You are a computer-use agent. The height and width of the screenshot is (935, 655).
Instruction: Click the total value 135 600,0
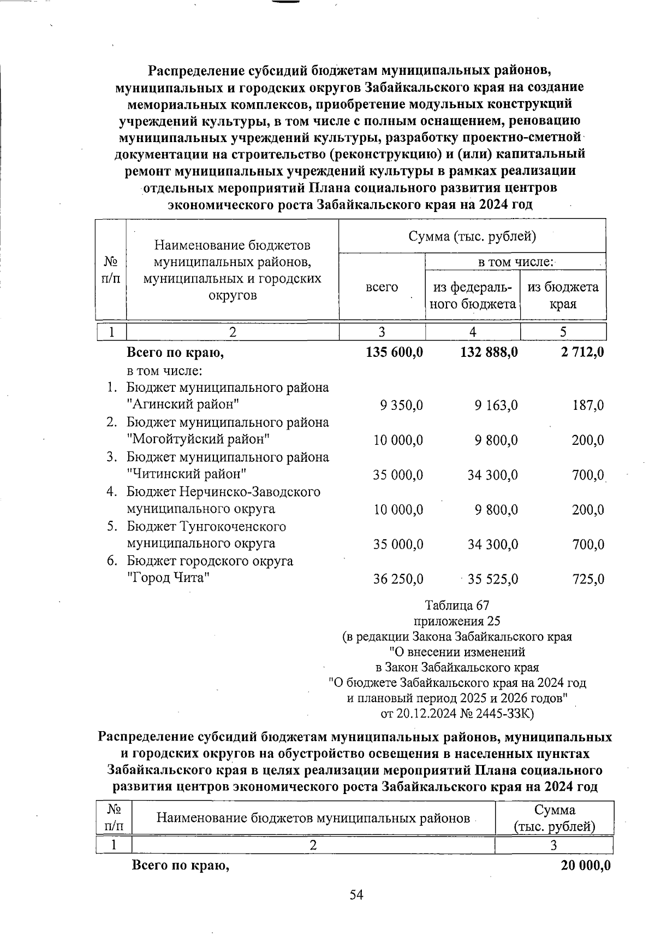pos(394,352)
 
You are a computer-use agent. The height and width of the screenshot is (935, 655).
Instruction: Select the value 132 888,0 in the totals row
pos(489,352)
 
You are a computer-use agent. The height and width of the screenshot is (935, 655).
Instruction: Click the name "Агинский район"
pos(183,405)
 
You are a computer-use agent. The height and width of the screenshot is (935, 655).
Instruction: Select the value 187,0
pos(588,405)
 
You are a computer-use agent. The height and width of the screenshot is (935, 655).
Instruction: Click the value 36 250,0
pos(398,579)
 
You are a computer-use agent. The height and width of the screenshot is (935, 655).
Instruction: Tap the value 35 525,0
pos(493,579)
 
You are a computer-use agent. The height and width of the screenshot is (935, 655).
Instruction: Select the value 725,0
pos(588,579)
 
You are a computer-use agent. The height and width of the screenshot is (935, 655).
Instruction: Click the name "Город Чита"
pos(169,578)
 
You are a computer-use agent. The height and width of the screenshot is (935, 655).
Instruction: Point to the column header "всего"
pos(382,287)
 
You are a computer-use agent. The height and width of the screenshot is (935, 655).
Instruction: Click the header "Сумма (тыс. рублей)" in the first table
pos(472,236)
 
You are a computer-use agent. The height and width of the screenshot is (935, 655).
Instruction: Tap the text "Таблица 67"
pos(457,605)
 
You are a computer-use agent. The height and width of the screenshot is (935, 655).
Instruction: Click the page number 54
pos(356,895)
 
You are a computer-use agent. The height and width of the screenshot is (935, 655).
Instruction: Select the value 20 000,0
pos(585,866)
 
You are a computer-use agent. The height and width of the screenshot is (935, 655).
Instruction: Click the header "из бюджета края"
pos(563,295)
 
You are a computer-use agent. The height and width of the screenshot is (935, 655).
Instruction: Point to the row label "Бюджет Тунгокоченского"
pos(206,527)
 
